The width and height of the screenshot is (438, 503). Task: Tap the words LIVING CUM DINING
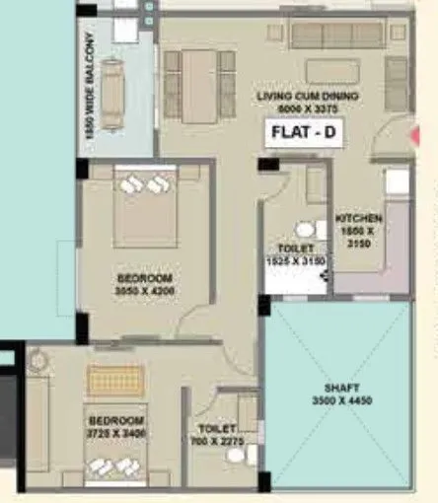307,96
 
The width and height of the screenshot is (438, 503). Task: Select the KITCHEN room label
358,218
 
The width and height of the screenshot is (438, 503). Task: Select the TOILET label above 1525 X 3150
296,248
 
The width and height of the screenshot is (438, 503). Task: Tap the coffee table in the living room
333,70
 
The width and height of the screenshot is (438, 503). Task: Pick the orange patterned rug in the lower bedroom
115,381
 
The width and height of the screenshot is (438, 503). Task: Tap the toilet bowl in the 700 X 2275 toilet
250,456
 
